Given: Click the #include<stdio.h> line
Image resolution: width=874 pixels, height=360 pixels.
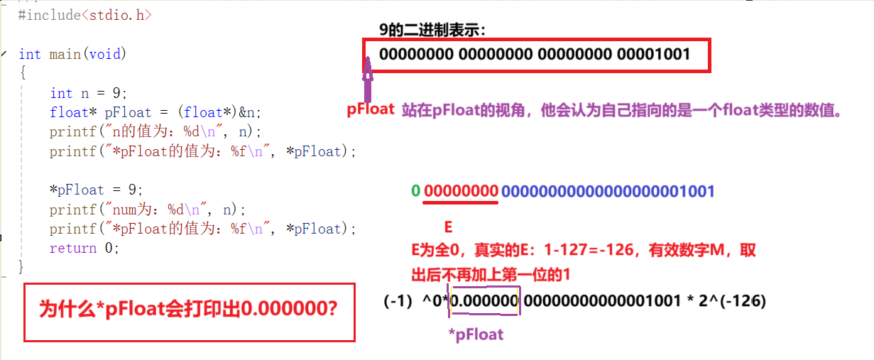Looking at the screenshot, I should click(x=84, y=14).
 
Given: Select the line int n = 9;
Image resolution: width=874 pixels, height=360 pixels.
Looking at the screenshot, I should click(x=88, y=93).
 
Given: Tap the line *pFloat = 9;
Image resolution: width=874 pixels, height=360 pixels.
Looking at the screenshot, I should click(x=96, y=190).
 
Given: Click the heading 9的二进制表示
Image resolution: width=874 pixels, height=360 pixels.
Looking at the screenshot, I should click(x=433, y=30).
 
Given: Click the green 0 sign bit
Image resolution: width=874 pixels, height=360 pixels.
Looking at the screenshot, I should click(x=415, y=191).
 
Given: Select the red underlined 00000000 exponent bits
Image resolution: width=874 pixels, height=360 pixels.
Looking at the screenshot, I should click(x=461, y=191).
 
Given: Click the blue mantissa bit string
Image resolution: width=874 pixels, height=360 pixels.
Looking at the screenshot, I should click(x=608, y=191).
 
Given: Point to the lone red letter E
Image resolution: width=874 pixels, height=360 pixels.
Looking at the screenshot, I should click(x=448, y=227).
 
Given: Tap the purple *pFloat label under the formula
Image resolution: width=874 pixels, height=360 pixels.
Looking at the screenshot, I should click(x=475, y=334).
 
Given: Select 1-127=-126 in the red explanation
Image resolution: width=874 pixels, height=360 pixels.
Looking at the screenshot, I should click(x=607, y=251).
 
